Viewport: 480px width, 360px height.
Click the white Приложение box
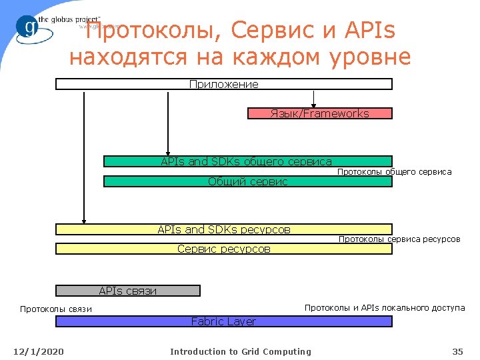pos(224,84)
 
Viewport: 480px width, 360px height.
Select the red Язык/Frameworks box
pos(319,113)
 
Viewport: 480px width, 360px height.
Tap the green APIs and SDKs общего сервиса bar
pos(247,161)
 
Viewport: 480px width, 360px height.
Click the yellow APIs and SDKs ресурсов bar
pos(224,229)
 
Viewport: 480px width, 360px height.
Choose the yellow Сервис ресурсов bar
pos(224,249)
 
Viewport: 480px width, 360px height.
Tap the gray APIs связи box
pos(127,291)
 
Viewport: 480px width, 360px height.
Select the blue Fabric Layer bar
pos(223,321)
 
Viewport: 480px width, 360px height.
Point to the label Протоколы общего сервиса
pos(394,172)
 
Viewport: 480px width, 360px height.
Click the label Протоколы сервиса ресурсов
pos(399,239)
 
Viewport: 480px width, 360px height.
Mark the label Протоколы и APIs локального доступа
pos(385,307)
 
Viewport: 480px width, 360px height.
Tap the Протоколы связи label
pos(56,309)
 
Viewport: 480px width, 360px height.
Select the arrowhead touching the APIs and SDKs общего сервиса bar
pos(168,152)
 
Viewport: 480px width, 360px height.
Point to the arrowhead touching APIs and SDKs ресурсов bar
pos(84,219)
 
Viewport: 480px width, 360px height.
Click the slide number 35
pos(457,351)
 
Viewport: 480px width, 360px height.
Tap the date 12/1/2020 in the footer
pos(39,351)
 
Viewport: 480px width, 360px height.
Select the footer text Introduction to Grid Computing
pos(240,351)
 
